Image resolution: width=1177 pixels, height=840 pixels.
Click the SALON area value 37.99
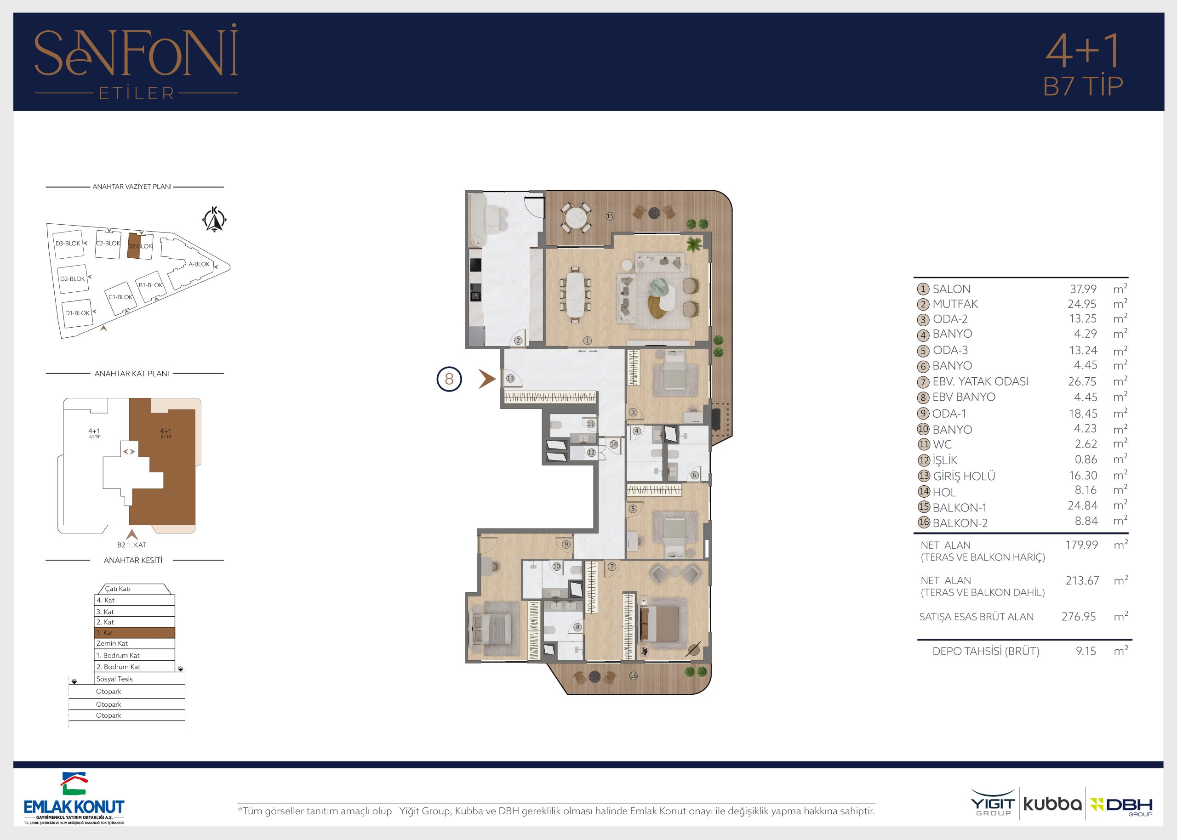click(1083, 289)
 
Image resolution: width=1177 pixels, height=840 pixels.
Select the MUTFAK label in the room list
click(955, 304)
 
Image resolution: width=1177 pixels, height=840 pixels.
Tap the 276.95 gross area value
click(1079, 617)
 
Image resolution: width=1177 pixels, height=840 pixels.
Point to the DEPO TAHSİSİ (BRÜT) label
click(986, 651)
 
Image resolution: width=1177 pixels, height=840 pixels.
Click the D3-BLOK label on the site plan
click(68, 244)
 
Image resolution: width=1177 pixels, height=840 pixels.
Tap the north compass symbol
click(214, 219)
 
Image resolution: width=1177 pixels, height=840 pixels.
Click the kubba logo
click(1052, 804)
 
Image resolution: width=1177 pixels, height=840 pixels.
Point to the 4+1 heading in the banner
click(1082, 51)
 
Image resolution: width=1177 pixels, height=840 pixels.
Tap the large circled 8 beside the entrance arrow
click(449, 379)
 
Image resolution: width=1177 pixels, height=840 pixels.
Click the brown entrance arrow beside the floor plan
click(487, 379)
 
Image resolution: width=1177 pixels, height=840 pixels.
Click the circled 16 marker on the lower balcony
click(633, 675)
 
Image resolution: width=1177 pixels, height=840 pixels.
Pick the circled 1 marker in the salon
click(587, 341)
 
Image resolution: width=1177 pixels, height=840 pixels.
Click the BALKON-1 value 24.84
click(1082, 505)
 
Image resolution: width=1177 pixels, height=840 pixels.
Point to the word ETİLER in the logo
click(137, 93)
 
